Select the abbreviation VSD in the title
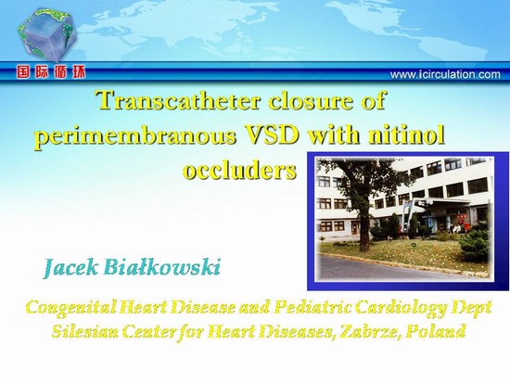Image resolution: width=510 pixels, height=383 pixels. click(x=272, y=134)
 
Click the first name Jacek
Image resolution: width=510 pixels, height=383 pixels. click(x=70, y=269)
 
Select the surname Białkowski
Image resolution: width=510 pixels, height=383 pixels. click(x=162, y=268)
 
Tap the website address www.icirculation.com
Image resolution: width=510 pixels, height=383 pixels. click(x=445, y=74)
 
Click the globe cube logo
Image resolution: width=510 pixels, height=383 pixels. click(x=47, y=35)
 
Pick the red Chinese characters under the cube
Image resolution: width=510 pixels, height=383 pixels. click(x=51, y=72)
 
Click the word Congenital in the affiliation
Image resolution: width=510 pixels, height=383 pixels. click(x=70, y=308)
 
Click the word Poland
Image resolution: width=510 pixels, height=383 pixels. click(x=436, y=332)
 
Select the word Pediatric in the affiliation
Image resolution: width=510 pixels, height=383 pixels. click(x=312, y=307)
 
